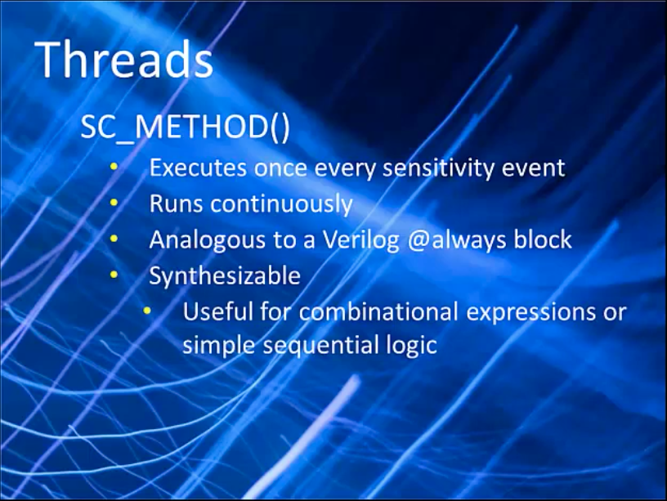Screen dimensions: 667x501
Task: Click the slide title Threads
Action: coord(124,59)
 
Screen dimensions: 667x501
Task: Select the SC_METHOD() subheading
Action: coord(185,127)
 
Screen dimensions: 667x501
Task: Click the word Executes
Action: coord(198,168)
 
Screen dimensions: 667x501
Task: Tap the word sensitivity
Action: coord(439,168)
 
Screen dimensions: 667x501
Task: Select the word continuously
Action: coord(282,204)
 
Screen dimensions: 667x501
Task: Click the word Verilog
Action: coord(361,239)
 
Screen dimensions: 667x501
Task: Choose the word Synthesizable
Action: coord(225,276)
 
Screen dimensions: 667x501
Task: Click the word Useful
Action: coord(218,311)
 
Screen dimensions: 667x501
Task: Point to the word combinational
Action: coord(378,311)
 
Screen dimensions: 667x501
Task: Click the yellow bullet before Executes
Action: coord(114,168)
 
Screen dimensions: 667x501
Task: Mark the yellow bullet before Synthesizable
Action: coord(114,275)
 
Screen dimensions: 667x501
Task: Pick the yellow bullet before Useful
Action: coord(147,311)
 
